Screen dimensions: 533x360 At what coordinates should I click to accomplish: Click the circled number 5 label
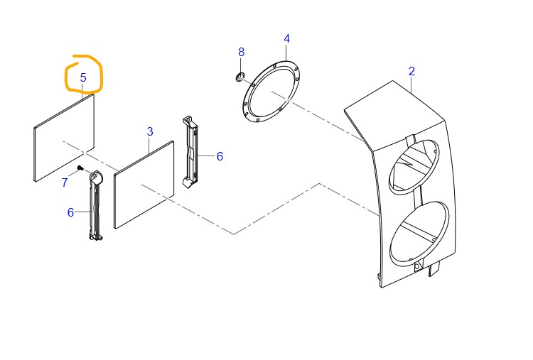click(83, 78)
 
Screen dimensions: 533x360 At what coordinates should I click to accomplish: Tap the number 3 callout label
click(150, 131)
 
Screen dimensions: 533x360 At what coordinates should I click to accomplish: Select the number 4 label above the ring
click(287, 39)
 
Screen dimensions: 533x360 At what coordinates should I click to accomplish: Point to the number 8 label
click(242, 52)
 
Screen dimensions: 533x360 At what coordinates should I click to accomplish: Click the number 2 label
click(411, 71)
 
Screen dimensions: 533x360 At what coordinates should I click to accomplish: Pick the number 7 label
click(65, 182)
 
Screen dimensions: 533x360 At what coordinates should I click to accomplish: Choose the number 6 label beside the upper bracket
click(220, 156)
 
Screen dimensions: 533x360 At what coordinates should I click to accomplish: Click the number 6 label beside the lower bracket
click(70, 212)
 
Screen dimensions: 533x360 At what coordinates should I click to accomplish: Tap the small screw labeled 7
click(80, 168)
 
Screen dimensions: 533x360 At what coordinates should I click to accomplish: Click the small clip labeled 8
click(240, 77)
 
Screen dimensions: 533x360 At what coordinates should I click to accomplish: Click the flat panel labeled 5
click(64, 138)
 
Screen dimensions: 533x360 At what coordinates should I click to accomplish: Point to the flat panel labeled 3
click(144, 185)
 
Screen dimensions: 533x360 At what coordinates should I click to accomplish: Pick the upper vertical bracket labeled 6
click(190, 152)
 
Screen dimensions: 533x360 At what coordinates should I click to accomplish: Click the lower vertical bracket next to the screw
click(95, 205)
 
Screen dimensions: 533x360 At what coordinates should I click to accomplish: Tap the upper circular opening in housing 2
click(414, 167)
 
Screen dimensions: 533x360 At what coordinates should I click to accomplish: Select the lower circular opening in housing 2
click(419, 234)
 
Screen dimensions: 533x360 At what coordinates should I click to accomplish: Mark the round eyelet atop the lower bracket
click(94, 176)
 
